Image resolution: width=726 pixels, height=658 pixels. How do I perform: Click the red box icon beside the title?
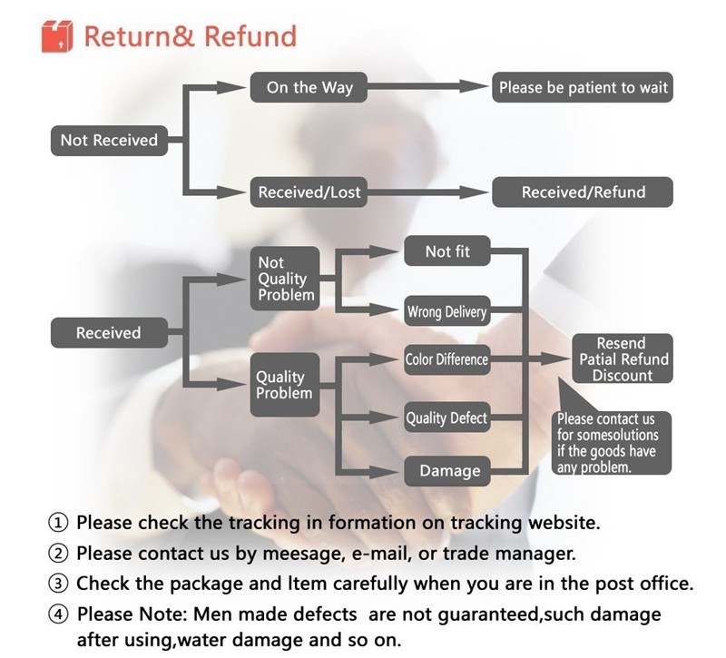(56, 35)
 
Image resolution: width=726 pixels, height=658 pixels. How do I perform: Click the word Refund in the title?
(250, 36)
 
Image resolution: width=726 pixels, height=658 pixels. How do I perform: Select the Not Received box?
(109, 140)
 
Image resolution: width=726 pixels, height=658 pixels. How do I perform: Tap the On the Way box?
(309, 88)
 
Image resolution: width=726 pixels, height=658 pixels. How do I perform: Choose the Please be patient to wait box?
(583, 88)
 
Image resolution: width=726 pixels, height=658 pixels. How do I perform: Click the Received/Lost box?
(309, 192)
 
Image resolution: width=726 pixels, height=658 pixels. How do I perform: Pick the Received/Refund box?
(583, 192)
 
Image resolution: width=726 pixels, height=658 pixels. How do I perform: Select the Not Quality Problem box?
(285, 278)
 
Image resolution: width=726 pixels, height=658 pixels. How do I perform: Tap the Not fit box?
(447, 251)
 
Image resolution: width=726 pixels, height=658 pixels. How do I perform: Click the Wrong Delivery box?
(447, 312)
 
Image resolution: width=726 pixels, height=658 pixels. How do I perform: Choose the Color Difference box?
(446, 359)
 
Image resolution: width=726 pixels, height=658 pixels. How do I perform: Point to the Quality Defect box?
(446, 418)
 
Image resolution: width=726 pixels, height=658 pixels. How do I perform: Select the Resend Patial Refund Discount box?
(623, 359)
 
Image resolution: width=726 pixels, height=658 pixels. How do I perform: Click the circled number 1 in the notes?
(58, 524)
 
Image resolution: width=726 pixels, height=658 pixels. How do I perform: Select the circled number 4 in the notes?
(58, 614)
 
